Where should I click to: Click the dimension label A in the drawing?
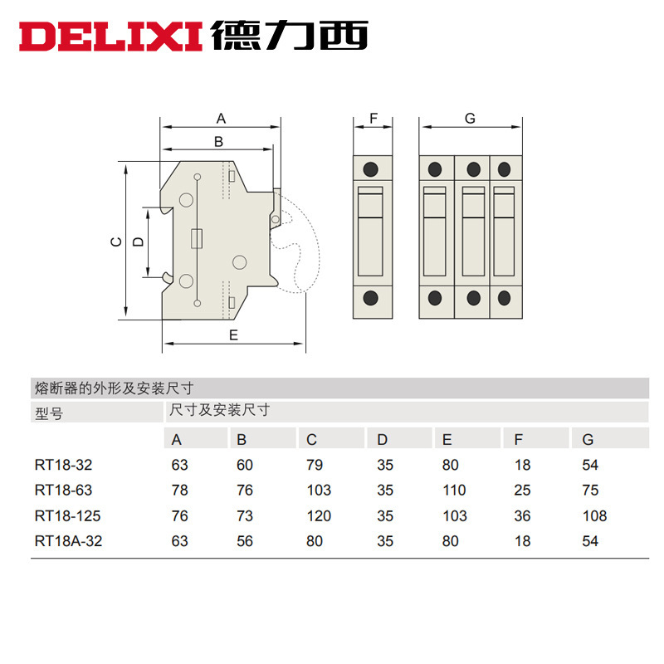pos(222,119)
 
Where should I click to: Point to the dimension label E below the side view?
pos(233,335)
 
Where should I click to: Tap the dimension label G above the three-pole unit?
pos(470,119)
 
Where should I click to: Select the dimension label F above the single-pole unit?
pos(373,119)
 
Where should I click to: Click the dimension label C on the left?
pos(116,242)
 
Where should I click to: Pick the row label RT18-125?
pos(68,516)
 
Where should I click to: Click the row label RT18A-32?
pos(71,541)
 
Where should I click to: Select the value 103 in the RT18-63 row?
pos(319,491)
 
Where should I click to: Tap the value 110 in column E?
pos(454,491)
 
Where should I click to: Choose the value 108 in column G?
pos(595,516)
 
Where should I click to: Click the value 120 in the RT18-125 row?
pos(318,516)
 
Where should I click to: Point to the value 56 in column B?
pos(245,541)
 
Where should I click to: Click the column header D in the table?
pos(382,440)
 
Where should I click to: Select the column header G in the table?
pos(589,440)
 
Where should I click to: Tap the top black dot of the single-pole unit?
pos(371,169)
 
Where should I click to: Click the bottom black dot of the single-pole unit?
pos(371,298)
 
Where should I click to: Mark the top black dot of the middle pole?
pos(473,169)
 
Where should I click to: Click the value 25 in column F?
pos(522,491)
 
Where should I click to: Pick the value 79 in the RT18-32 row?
pos(315,466)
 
